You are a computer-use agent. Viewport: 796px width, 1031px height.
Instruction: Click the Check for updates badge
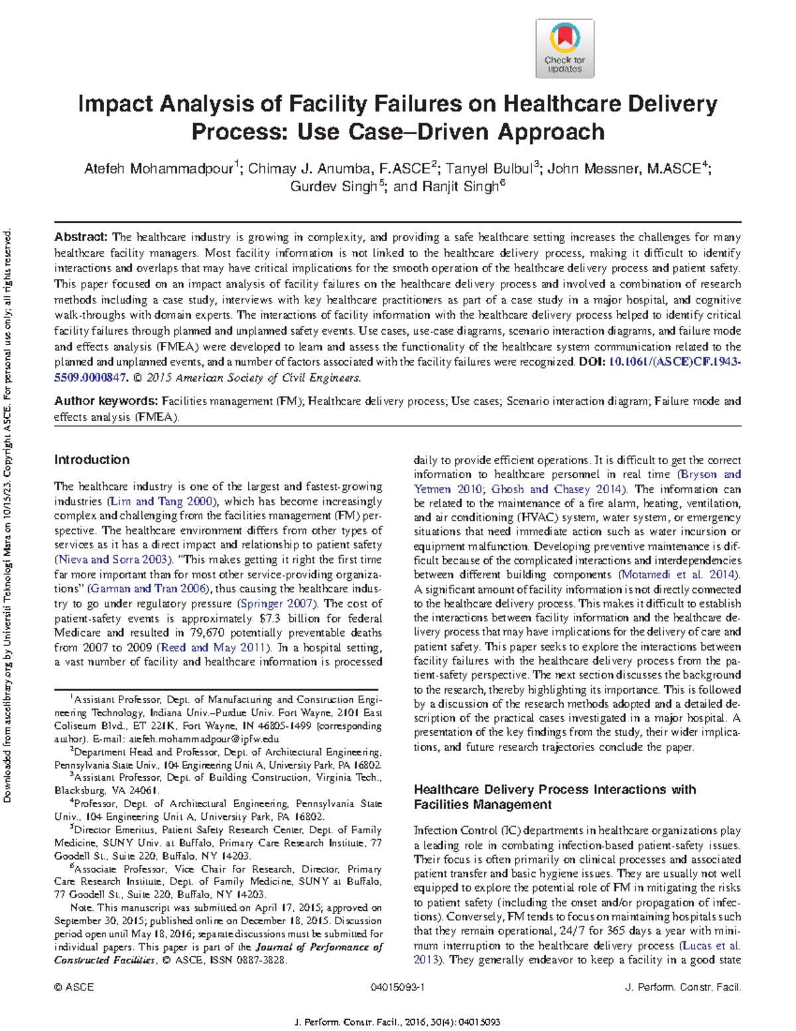click(564, 48)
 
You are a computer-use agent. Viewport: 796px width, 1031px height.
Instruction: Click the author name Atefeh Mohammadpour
click(159, 169)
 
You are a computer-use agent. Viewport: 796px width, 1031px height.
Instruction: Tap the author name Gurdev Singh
click(334, 187)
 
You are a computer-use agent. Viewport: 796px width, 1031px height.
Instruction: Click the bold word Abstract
click(80, 237)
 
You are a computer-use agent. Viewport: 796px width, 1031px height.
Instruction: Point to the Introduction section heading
click(92, 459)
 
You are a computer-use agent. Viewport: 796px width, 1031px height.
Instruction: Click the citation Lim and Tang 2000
click(162, 501)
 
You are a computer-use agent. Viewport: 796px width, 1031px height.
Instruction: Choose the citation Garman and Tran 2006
click(148, 588)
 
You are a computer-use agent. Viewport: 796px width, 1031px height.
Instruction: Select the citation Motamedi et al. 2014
click(679, 574)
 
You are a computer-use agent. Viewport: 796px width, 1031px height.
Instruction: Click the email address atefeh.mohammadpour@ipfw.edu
click(204, 739)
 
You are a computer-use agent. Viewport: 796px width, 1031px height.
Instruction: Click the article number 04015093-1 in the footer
click(397, 987)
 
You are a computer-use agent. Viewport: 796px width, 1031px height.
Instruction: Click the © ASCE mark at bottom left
click(74, 987)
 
